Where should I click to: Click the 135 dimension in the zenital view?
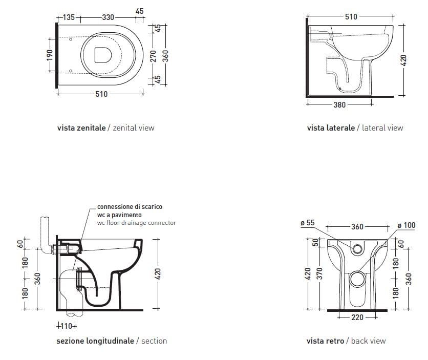click(69, 17)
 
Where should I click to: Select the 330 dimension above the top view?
click(108, 17)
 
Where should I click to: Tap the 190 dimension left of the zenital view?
click(50, 54)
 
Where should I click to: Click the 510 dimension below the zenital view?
click(101, 94)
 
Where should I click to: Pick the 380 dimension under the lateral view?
click(339, 104)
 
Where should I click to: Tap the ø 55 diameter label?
click(308, 224)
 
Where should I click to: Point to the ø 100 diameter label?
click(406, 225)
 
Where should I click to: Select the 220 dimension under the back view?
click(357, 317)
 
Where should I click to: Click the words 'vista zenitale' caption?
click(81, 128)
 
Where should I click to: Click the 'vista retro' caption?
click(325, 341)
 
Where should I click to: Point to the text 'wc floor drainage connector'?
click(136, 223)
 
